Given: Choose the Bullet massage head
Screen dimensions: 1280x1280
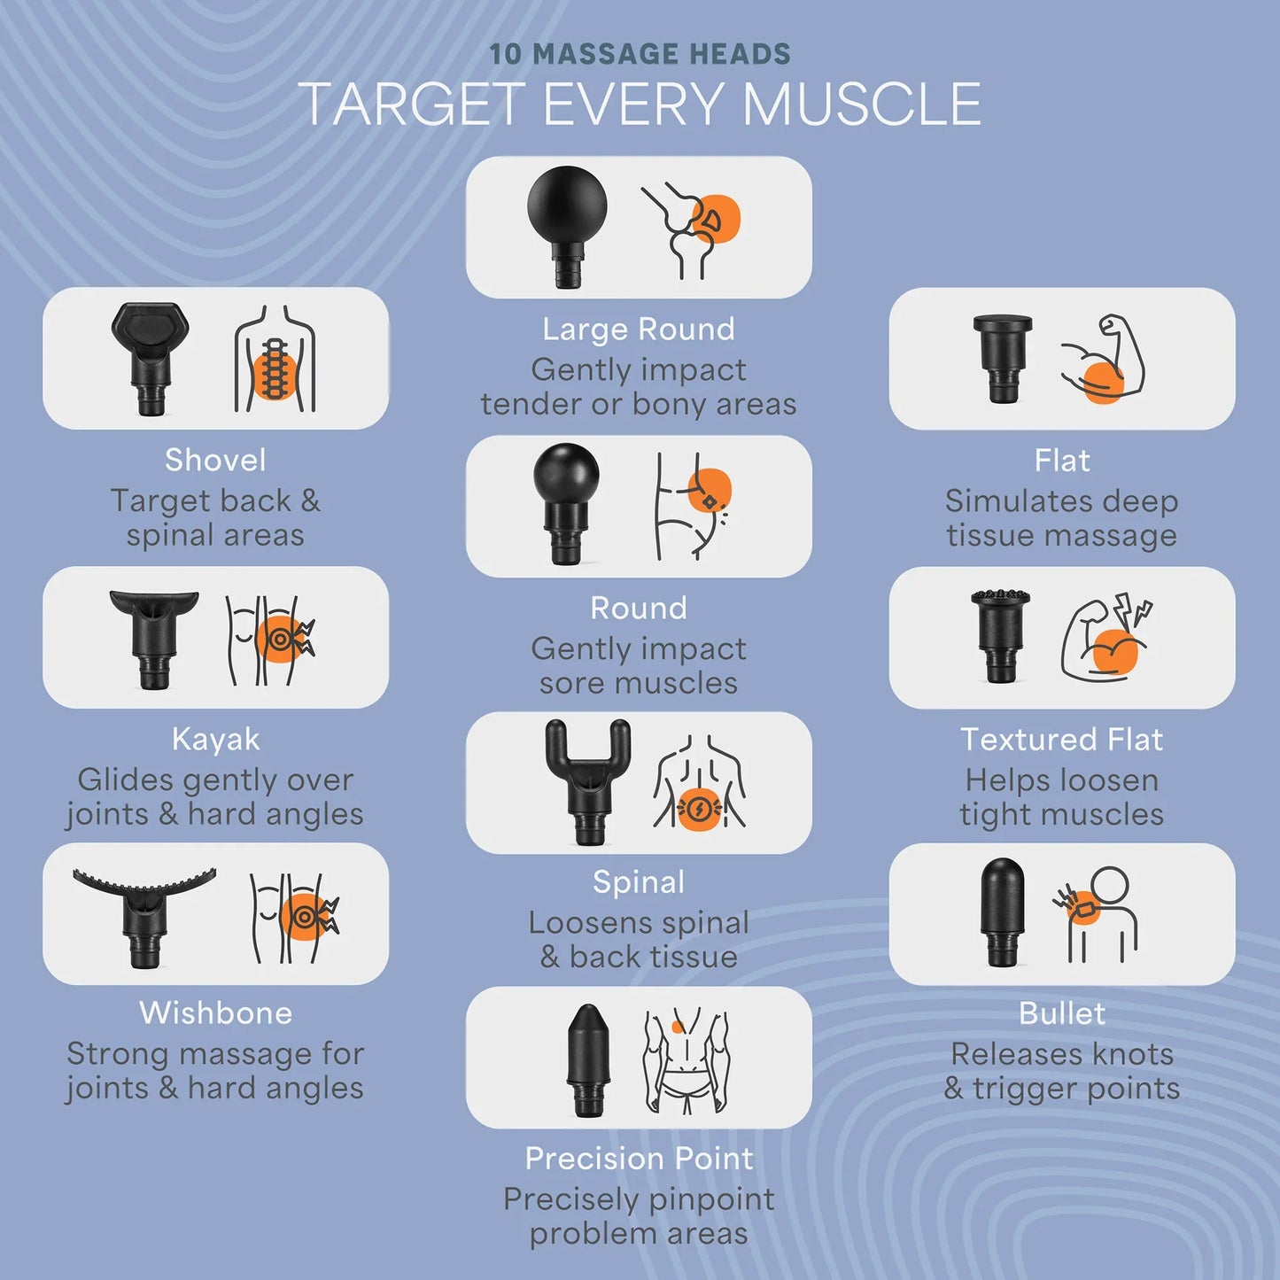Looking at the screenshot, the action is (x=1003, y=912).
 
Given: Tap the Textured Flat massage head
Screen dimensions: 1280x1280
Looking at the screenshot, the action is (x=1000, y=635).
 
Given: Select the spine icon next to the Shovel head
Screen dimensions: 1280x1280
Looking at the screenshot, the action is (x=275, y=359).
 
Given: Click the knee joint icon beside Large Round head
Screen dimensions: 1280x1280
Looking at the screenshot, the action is (x=692, y=229).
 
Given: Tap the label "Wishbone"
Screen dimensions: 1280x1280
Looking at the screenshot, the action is (x=216, y=1013).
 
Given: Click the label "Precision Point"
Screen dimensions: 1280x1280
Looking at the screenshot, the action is (x=639, y=1158).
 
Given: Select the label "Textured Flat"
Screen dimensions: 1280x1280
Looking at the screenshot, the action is (x=1061, y=740).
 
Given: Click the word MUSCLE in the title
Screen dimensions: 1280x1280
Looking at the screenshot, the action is (x=862, y=104).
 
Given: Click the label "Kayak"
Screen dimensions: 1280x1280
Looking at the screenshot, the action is (x=216, y=740).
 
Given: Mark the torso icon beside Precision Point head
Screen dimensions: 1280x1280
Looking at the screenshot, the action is (x=687, y=1061).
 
